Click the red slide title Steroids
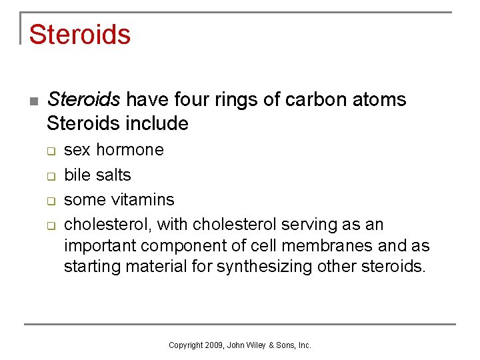pyautogui.click(x=79, y=34)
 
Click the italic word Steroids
pyautogui.click(x=83, y=100)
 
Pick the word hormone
pyautogui.click(x=130, y=149)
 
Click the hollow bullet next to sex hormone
pyautogui.click(x=50, y=151)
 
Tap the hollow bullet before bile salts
pyautogui.click(x=50, y=176)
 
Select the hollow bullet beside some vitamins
pyautogui.click(x=50, y=201)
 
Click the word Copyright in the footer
pyautogui.click(x=185, y=345)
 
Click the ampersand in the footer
pyautogui.click(x=272, y=345)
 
